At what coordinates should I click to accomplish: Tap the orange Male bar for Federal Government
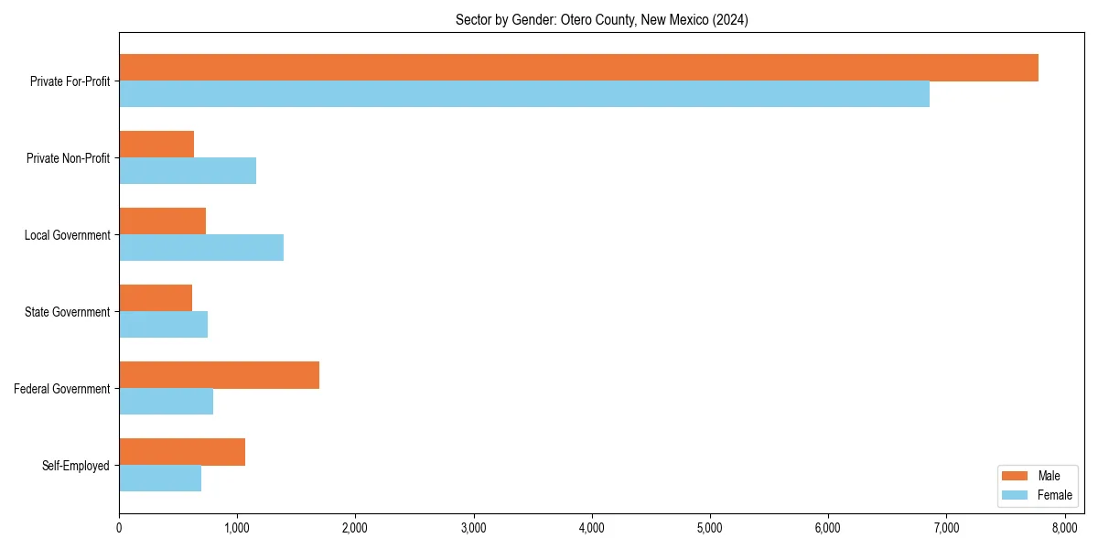219,375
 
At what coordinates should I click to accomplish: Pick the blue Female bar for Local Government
201,247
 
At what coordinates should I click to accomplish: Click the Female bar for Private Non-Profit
188,171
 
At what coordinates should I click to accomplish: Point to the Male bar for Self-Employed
182,452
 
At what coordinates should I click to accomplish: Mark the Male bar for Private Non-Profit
156,145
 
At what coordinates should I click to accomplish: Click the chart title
601,20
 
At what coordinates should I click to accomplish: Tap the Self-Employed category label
76,466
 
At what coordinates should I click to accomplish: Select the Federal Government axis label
62,389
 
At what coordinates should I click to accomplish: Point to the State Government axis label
68,312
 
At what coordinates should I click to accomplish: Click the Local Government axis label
68,235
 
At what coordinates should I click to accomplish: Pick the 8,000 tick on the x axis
1064,527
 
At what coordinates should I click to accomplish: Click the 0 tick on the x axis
119,527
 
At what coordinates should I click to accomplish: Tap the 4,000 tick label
592,527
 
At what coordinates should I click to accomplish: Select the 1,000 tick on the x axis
237,527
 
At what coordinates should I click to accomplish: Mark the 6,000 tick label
828,527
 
